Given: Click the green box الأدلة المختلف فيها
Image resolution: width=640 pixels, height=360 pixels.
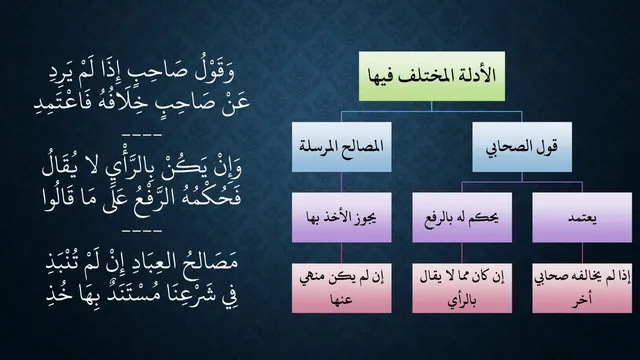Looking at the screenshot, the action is pos(432,76).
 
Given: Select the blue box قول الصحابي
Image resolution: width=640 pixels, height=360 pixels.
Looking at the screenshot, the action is pos(522,147).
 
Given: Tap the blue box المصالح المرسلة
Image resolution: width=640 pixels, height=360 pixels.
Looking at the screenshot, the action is pos(342,147).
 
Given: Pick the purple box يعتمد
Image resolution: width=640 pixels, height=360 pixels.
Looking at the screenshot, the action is pos(582,218).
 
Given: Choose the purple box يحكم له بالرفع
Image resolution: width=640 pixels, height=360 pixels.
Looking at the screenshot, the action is pos(462,218).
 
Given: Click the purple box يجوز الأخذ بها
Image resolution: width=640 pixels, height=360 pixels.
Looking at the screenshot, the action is pos(342,218).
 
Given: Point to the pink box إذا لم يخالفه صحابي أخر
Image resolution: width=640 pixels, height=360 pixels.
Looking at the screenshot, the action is pos(582,288).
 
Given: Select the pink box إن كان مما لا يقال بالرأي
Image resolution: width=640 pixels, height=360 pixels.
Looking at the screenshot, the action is pos(462,288).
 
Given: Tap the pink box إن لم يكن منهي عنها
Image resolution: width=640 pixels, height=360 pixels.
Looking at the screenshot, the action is pos(342,288).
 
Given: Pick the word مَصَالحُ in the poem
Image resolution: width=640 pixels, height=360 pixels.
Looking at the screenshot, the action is pos(211,262).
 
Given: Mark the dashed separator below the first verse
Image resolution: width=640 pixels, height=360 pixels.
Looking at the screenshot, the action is pos(142,134).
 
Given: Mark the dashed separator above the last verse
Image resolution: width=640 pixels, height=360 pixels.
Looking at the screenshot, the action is pos(142,231).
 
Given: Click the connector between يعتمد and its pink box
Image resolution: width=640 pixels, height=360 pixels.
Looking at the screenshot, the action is pos(582,253).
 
